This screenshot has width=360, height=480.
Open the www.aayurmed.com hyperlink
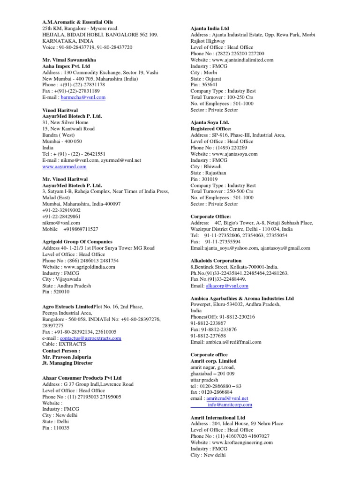[x=64, y=166]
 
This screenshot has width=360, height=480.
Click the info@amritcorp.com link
[x=230, y=405]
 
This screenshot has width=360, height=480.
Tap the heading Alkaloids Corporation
[x=216, y=261]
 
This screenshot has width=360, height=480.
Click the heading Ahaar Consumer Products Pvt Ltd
[x=82, y=378]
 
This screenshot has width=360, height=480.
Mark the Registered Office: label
[x=211, y=128]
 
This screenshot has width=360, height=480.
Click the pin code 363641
[x=209, y=85]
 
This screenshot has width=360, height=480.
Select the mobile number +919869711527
[x=81, y=229]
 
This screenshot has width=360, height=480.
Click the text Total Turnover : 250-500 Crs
[x=223, y=192]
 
